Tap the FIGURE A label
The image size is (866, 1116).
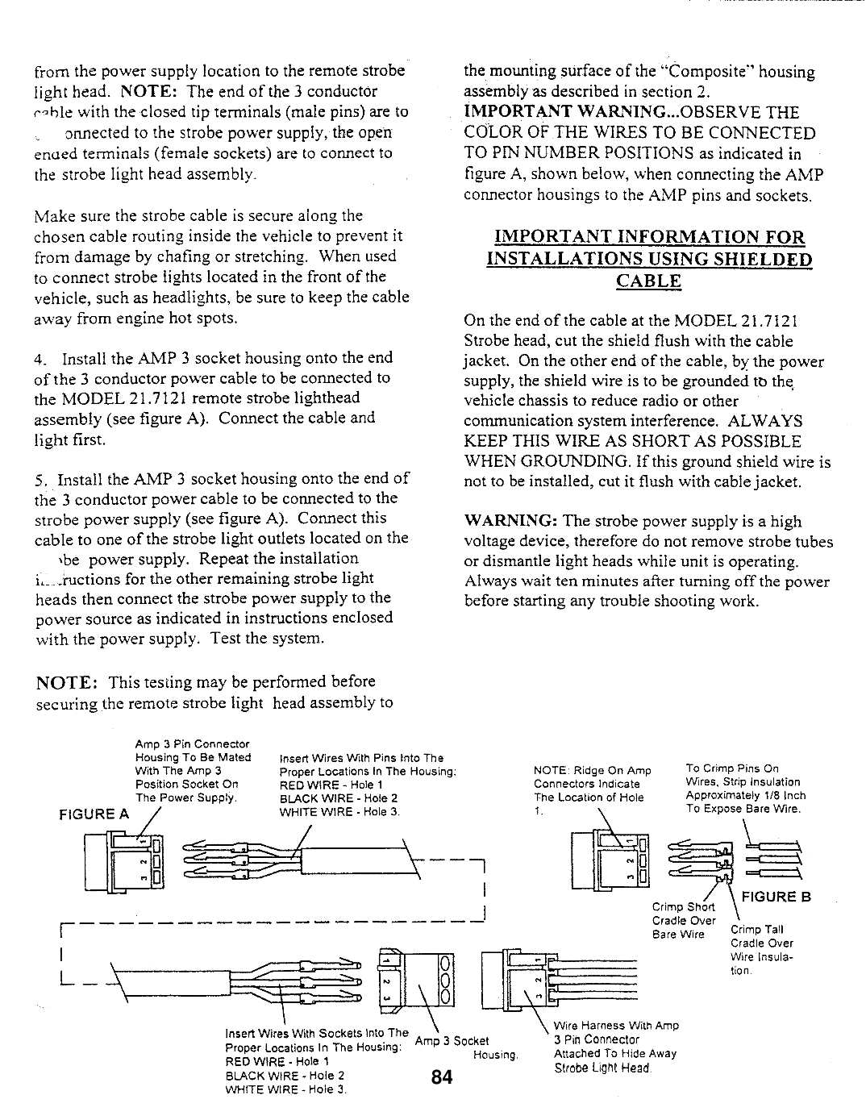click(94, 814)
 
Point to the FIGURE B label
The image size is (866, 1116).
click(776, 897)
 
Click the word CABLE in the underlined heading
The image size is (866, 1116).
click(648, 281)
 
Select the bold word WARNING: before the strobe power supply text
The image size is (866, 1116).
click(510, 521)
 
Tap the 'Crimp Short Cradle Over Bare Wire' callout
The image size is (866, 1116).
click(684, 920)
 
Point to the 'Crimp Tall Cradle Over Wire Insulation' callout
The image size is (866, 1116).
click(761, 950)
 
